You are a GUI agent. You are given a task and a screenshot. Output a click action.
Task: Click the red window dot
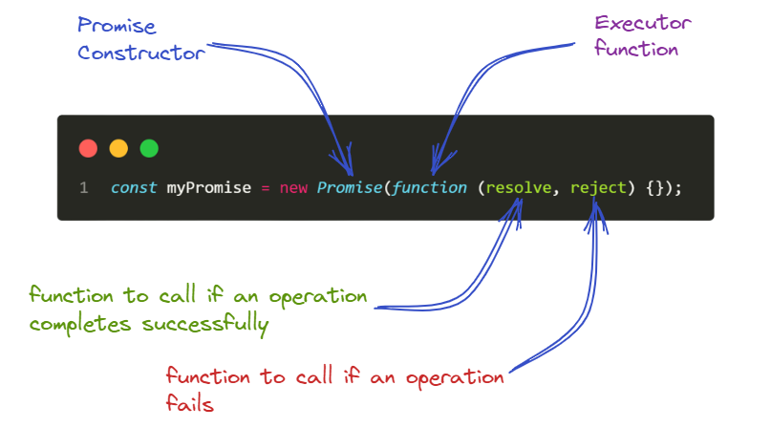point(88,148)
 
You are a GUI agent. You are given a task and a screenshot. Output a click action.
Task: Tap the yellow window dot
point(118,148)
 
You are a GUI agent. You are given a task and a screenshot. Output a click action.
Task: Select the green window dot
point(149,148)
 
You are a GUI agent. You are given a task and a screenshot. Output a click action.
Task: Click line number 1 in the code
point(84,188)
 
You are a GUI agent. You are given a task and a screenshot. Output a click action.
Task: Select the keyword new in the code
point(293,188)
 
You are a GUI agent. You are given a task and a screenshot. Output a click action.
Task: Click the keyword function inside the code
point(429,188)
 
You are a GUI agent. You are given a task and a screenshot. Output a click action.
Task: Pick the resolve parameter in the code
point(519,188)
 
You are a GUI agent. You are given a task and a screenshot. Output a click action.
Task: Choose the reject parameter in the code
point(599,188)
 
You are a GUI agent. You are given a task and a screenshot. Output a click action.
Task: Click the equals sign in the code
point(264,188)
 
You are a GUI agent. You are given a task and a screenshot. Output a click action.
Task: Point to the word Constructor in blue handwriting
point(141,53)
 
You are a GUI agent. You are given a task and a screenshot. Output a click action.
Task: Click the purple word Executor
point(642,23)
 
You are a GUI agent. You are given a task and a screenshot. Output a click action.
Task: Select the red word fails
point(189,405)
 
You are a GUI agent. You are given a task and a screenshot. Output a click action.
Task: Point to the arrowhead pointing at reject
point(596,212)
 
